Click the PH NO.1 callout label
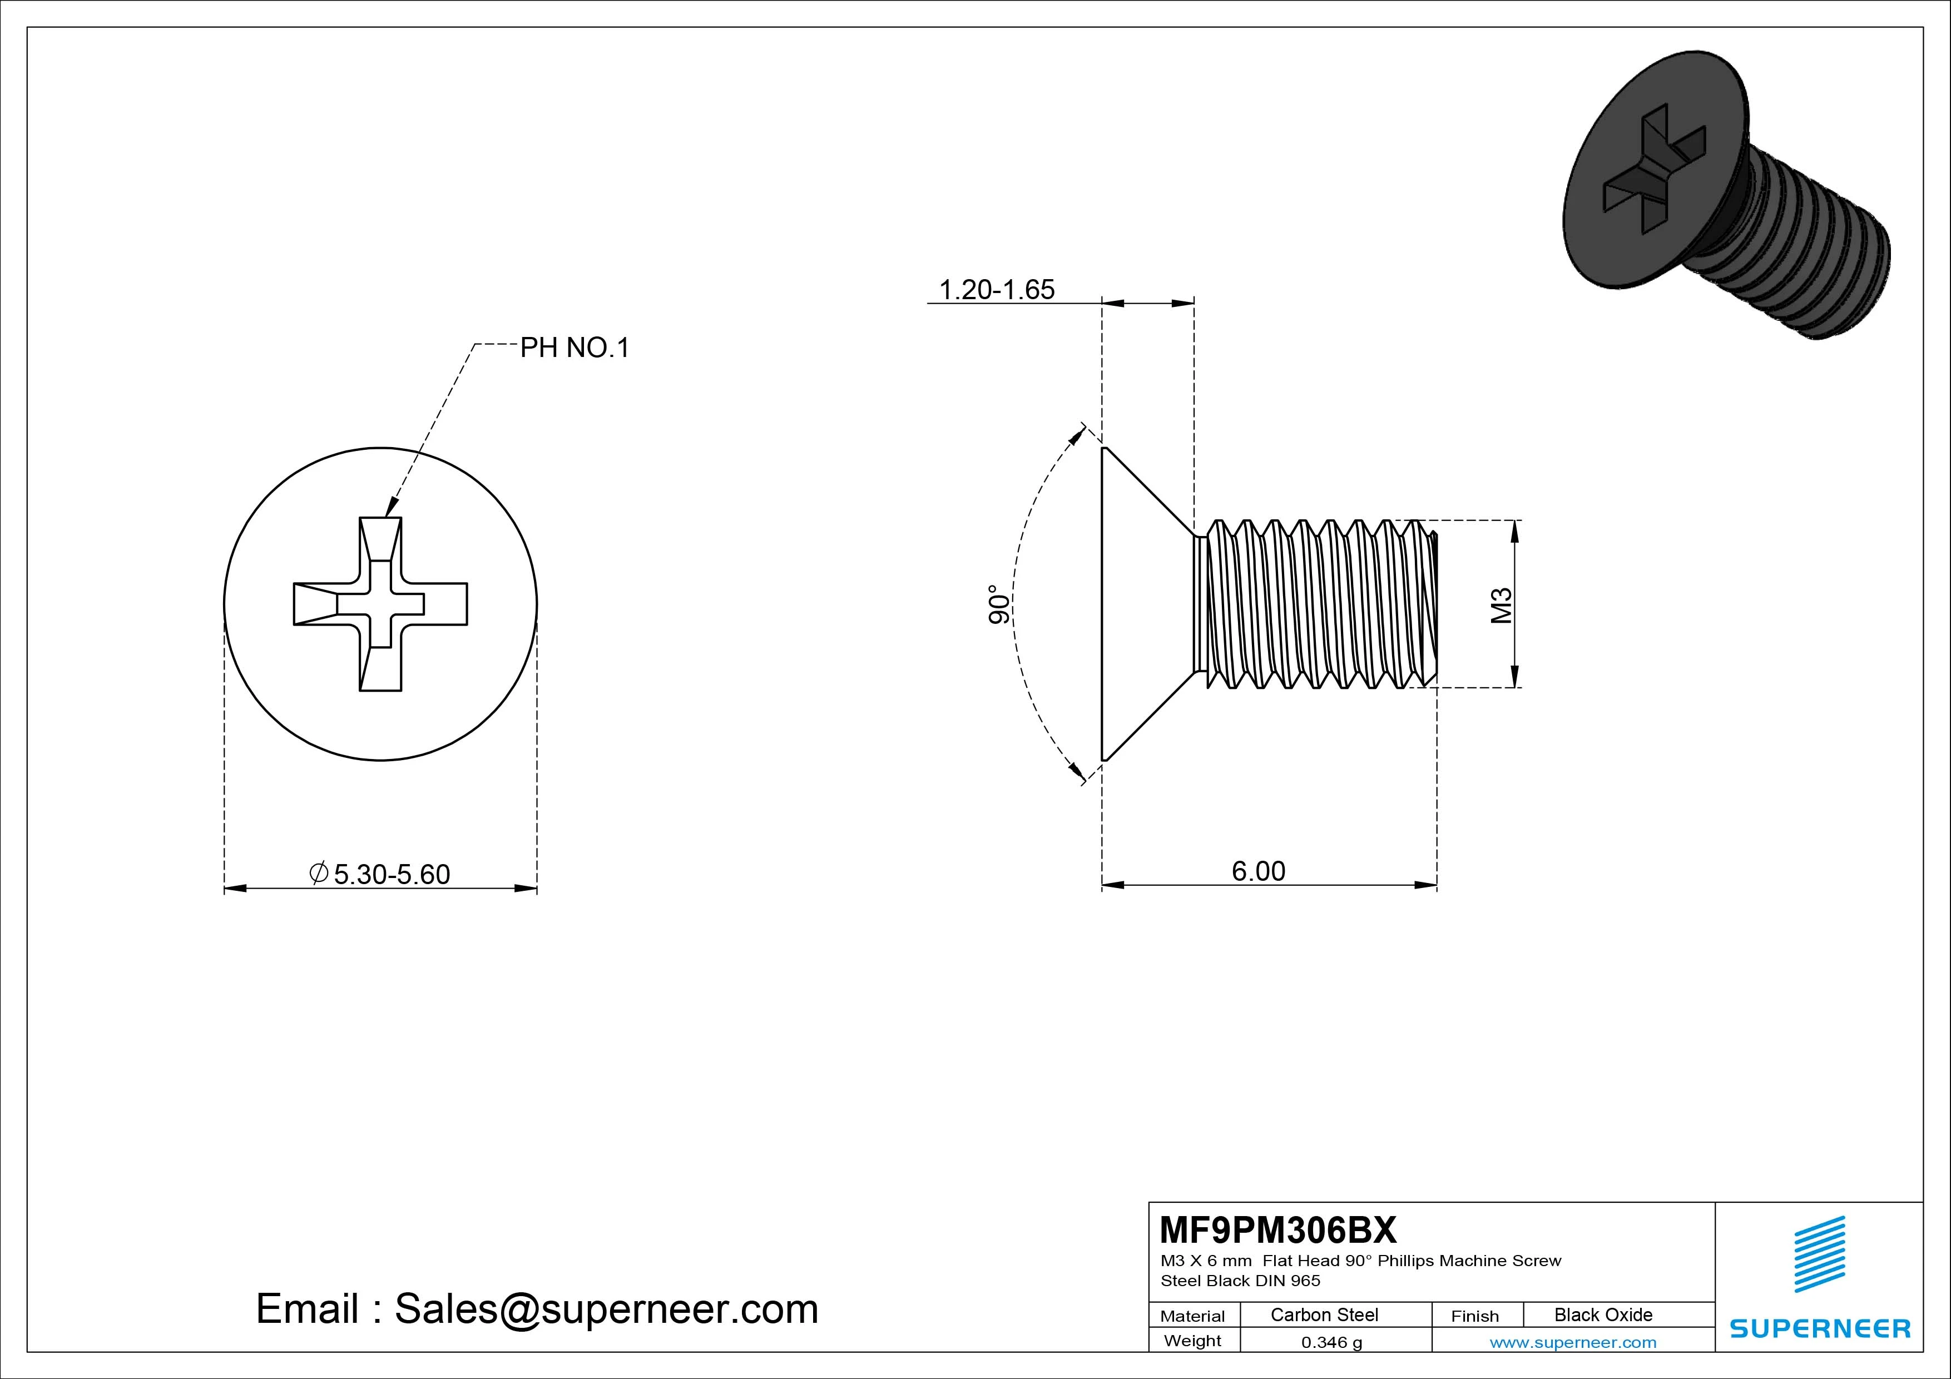click(575, 348)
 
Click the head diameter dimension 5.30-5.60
click(391, 874)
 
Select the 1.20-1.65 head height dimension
click(996, 290)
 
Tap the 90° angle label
click(999, 604)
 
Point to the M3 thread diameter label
click(1502, 605)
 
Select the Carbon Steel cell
click(1324, 1314)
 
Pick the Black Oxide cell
click(1603, 1314)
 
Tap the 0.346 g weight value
click(1331, 1342)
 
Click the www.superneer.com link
click(1573, 1342)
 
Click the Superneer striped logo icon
click(1819, 1254)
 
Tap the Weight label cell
click(1192, 1341)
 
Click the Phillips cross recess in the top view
click(380, 604)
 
